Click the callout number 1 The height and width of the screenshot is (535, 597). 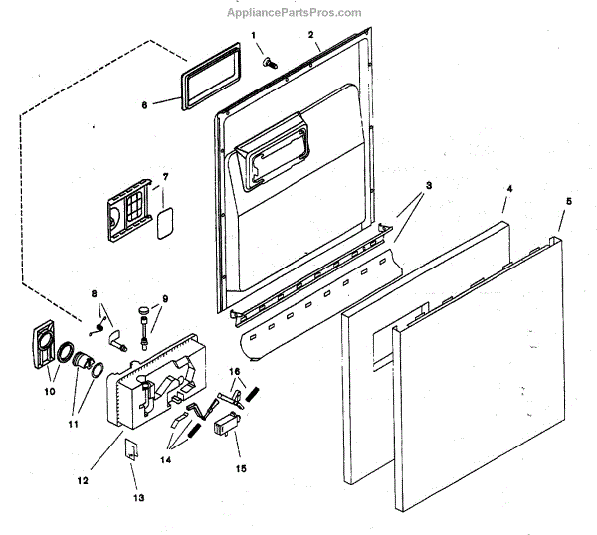click(254, 36)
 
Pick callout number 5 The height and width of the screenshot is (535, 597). click(568, 202)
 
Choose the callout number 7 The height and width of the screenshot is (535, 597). click(165, 177)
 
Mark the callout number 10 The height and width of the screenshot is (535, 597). click(50, 391)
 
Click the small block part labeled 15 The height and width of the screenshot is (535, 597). click(226, 427)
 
